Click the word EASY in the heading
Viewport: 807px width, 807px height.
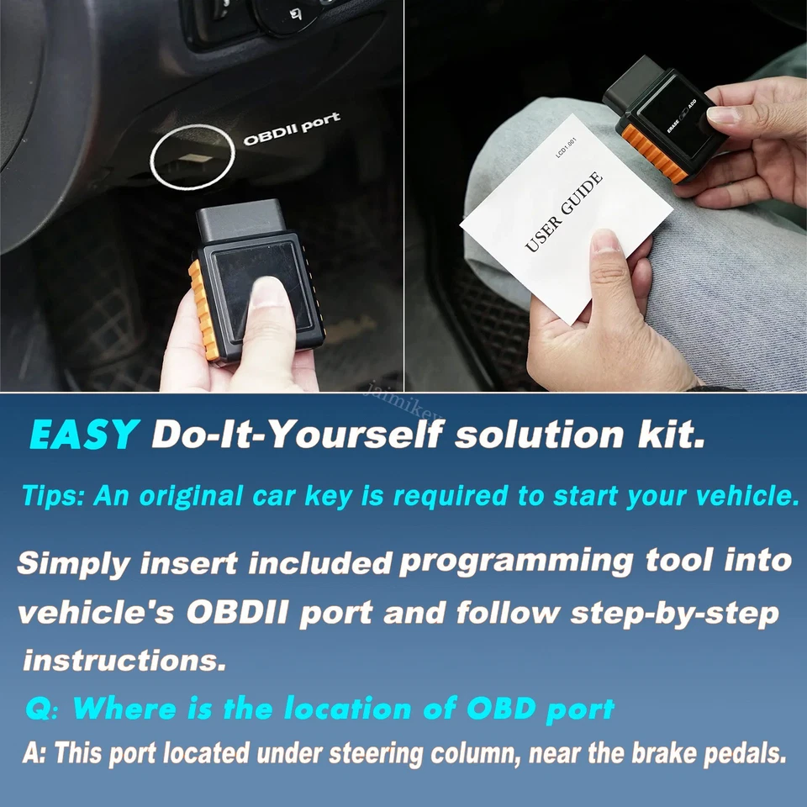click(x=83, y=435)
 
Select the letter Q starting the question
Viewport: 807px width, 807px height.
click(x=40, y=709)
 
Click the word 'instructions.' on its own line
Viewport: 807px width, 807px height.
click(x=124, y=660)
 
